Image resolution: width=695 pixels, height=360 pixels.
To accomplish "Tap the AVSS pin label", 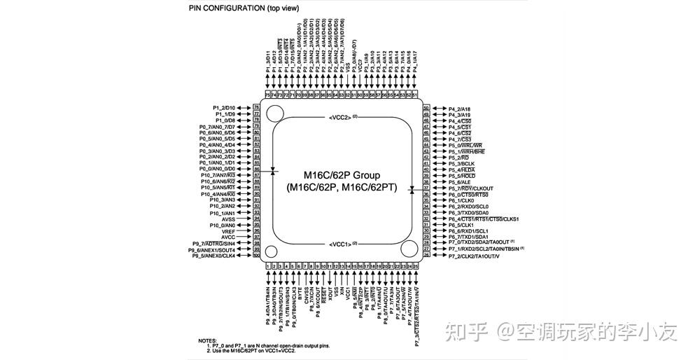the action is (x=228, y=219).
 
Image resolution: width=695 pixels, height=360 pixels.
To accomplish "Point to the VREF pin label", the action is (x=228, y=231).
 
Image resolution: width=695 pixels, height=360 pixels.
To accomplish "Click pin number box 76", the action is (x=257, y=107).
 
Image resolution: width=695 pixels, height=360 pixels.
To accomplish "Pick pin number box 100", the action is (x=257, y=256).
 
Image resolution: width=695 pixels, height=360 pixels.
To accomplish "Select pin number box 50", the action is (x=426, y=109).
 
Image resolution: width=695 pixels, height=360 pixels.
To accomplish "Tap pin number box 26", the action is (x=426, y=256).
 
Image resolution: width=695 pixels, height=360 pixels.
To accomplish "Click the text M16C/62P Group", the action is (x=342, y=175).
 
